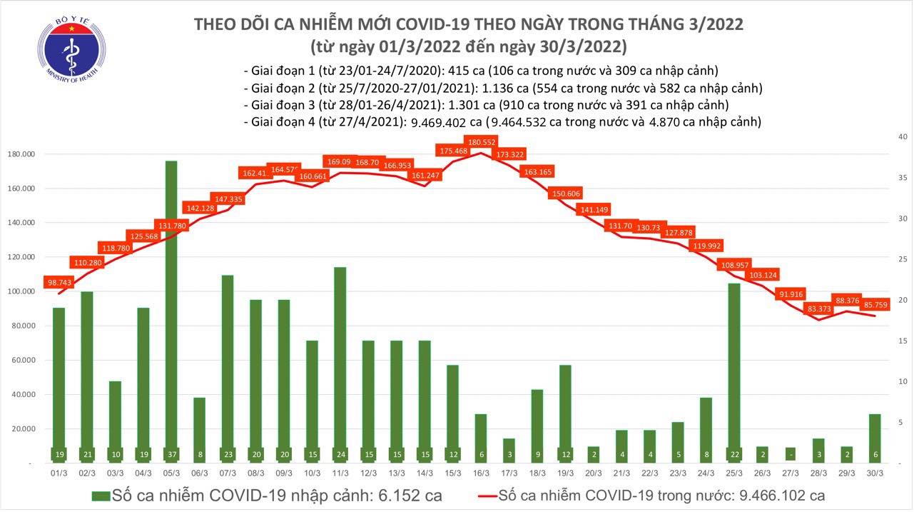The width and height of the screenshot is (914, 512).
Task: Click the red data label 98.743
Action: tap(60, 283)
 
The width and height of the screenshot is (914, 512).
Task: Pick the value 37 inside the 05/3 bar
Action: tap(171, 454)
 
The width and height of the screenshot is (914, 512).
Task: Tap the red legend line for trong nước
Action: tap(484, 495)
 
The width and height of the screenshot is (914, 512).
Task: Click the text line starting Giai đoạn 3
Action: tap(486, 105)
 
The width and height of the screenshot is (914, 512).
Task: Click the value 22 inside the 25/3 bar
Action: tap(734, 454)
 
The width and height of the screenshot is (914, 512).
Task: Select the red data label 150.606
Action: tap(566, 194)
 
